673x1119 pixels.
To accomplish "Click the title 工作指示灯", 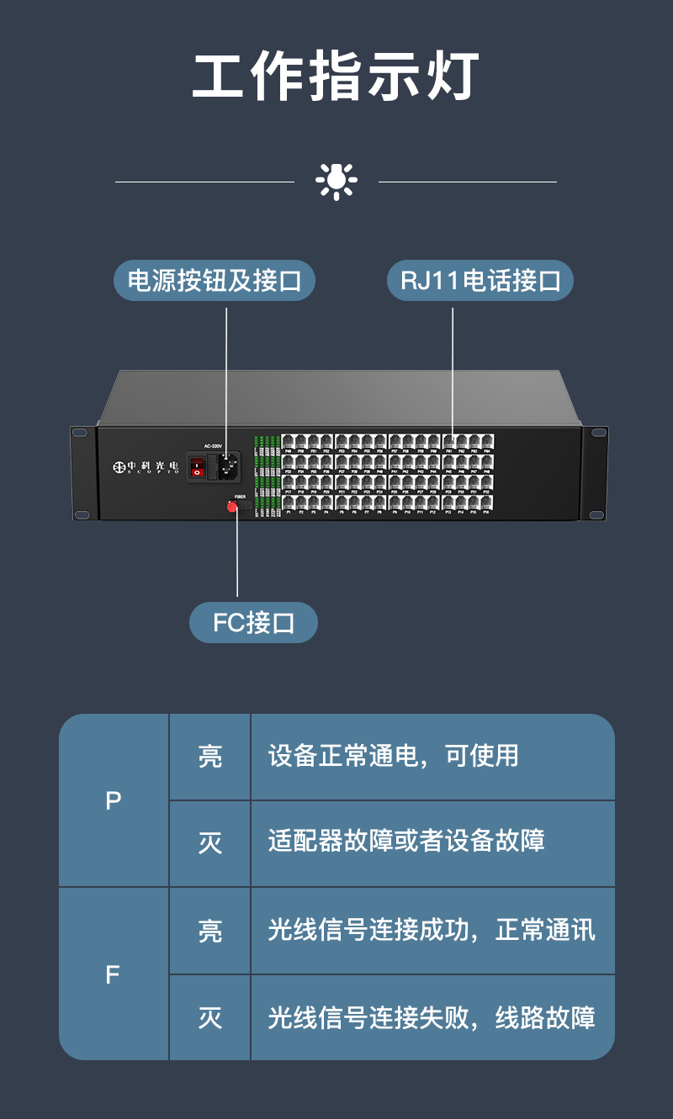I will click(336, 77).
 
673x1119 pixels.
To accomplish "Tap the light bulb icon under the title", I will click(336, 181).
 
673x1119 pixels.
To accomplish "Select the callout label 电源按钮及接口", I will click(214, 281).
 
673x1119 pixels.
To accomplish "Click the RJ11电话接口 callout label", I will click(480, 281).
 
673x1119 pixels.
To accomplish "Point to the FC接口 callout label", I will click(253, 623).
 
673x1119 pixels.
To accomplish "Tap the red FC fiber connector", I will click(232, 506).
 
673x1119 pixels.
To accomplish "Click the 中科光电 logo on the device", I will click(146, 466).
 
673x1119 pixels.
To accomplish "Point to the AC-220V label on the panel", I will click(214, 446).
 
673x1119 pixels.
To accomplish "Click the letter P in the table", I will click(114, 801).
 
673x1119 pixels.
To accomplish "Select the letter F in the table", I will click(114, 975).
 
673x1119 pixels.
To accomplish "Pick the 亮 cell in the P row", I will click(210, 757).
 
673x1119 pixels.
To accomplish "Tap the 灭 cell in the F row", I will click(210, 1018).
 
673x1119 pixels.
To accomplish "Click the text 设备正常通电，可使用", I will click(393, 756).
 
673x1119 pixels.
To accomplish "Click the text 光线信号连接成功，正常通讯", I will click(432, 930).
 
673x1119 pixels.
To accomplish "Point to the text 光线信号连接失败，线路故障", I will click(432, 1018).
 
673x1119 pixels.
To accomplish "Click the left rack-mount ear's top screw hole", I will click(80, 433).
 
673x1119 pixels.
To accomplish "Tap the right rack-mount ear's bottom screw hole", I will click(595, 515).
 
